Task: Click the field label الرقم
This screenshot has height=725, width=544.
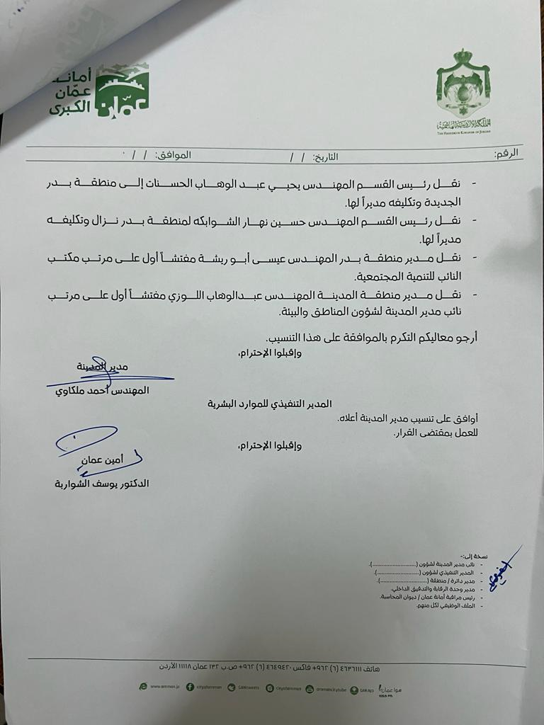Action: (x=505, y=153)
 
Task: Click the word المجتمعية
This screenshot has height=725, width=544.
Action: (x=375, y=276)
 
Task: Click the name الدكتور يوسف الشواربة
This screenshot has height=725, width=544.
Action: (x=98, y=484)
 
